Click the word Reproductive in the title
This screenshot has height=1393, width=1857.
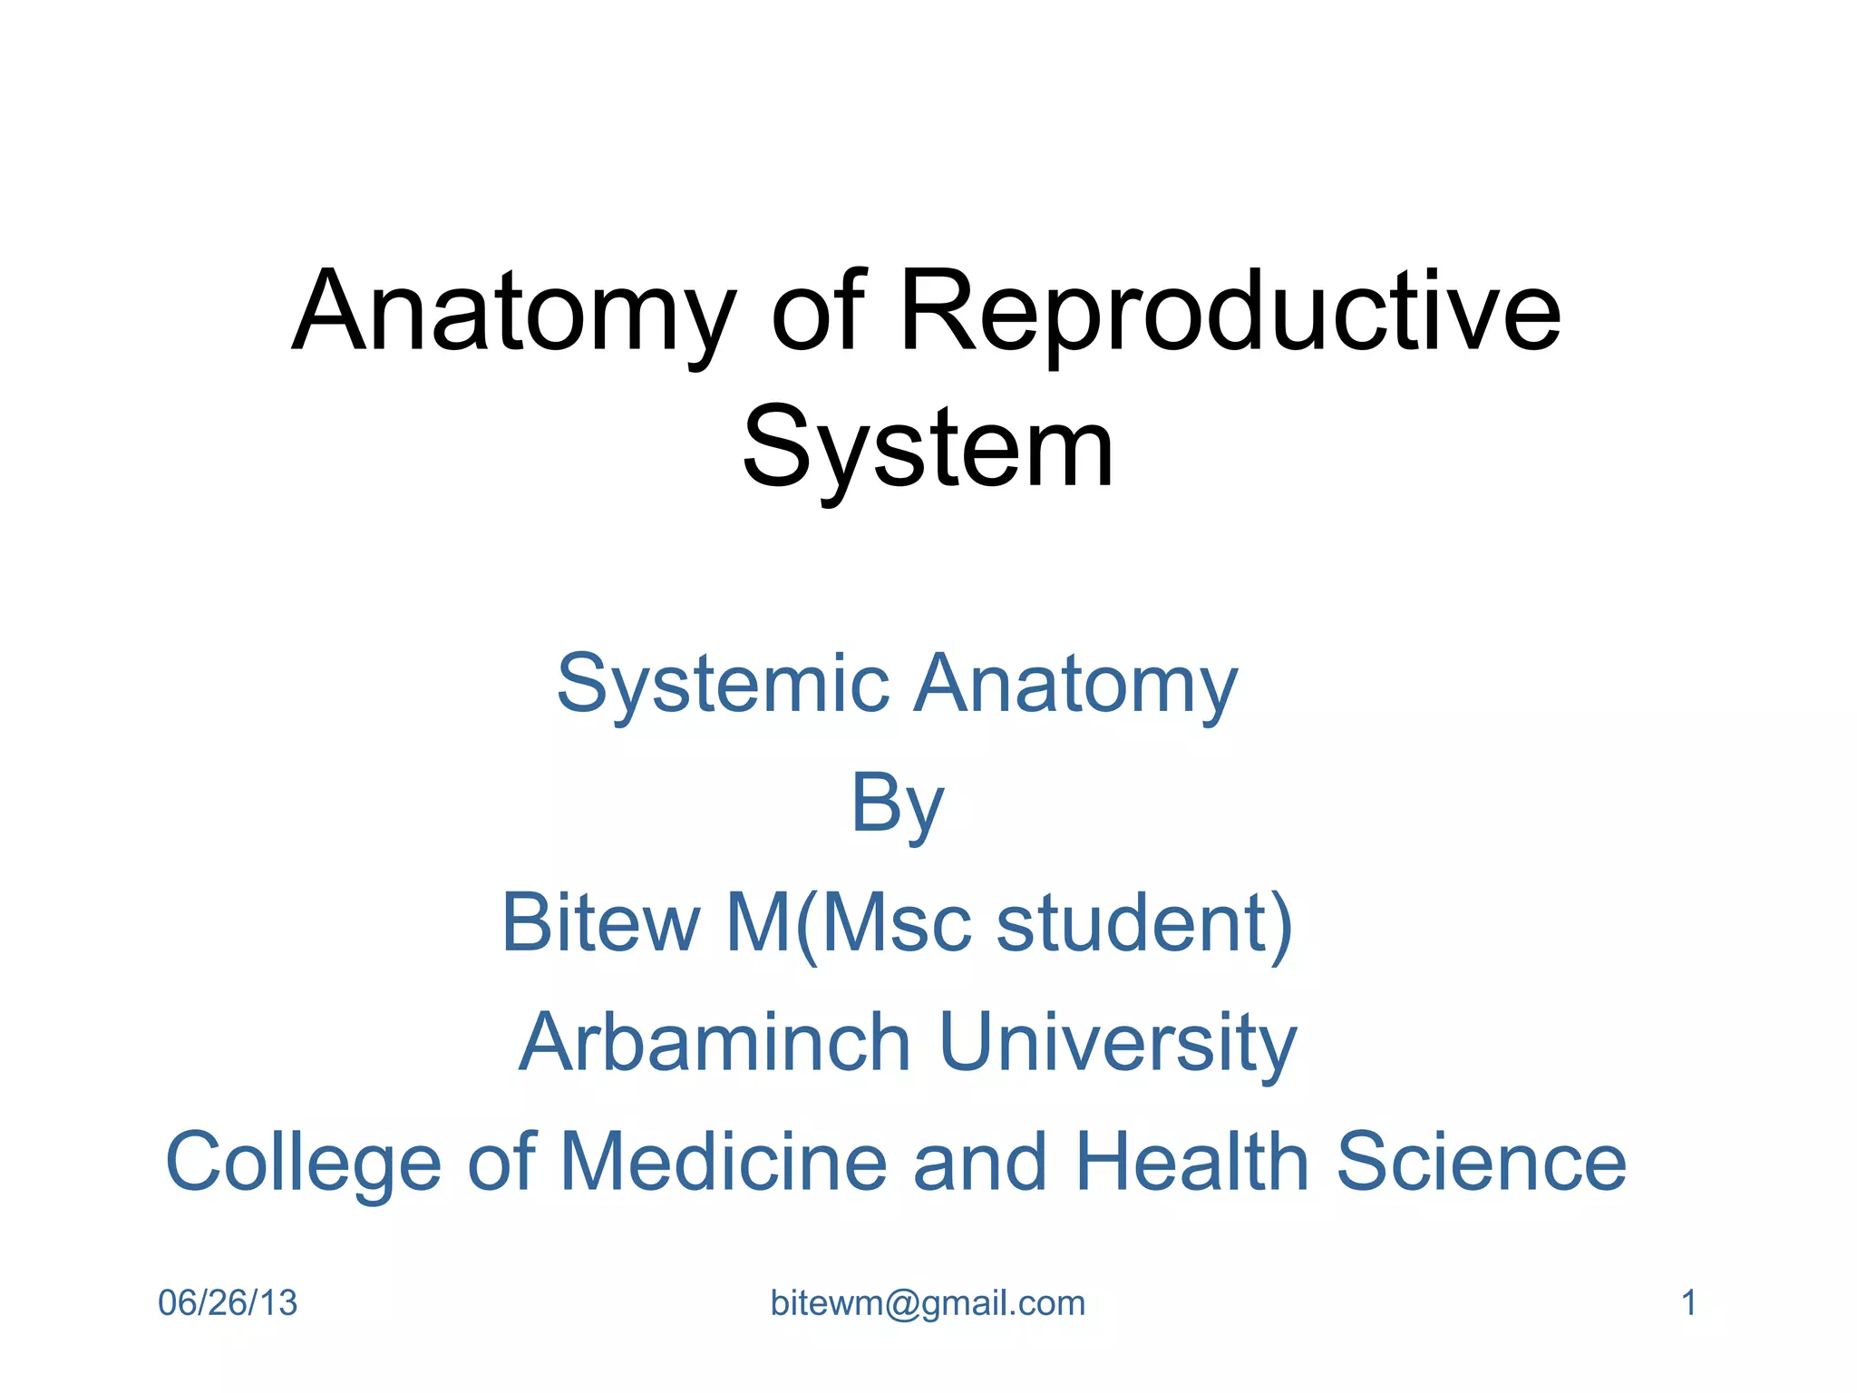coord(1230,313)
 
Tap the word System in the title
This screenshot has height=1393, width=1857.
coord(928,449)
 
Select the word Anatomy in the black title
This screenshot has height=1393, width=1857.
coord(513,313)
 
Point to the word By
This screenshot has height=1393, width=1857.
coord(898,804)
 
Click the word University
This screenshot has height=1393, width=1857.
coord(1117,1042)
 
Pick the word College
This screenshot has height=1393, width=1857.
coord(303,1163)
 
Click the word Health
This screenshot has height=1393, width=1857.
coord(1191,1163)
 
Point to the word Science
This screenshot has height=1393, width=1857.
coord(1482,1163)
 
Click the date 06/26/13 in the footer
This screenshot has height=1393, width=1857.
coord(228,1303)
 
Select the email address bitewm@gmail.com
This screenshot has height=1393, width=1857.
coord(928,1303)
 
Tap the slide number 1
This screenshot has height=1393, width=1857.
coord(1688,1303)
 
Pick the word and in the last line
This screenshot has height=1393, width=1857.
coord(979,1163)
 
